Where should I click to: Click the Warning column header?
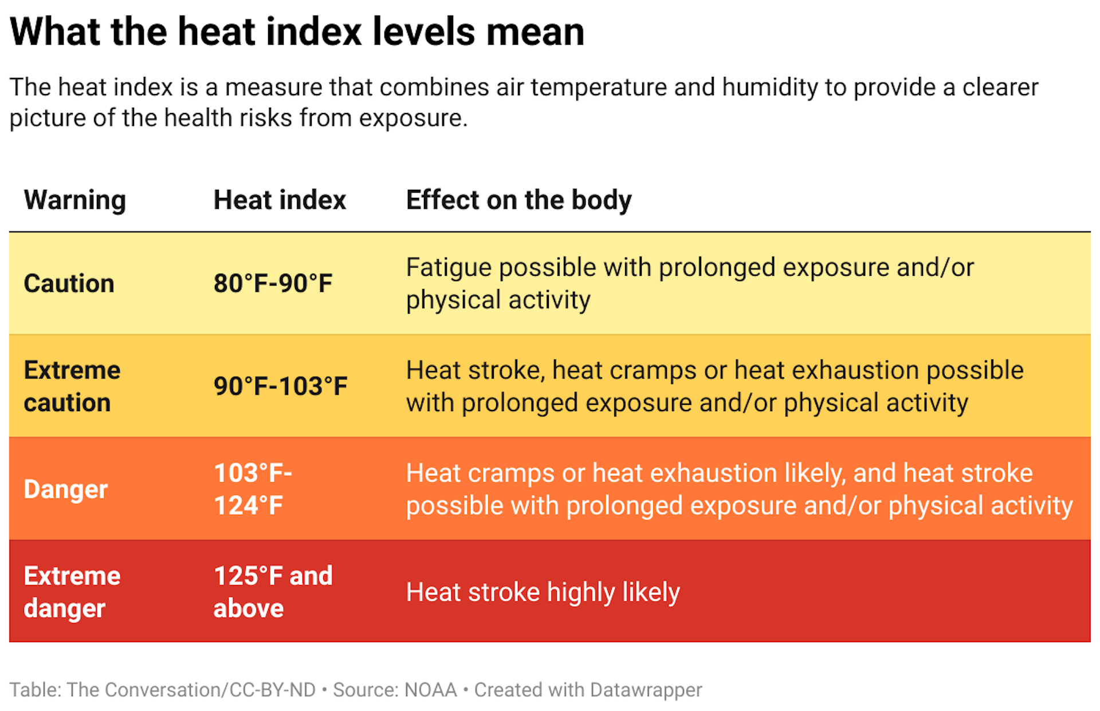tap(74, 200)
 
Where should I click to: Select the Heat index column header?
tap(280, 200)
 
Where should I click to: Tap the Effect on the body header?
tap(518, 200)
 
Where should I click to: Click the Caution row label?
tap(69, 283)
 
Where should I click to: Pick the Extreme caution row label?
tap(72, 386)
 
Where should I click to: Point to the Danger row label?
tap(65, 489)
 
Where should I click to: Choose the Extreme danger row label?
tap(72, 592)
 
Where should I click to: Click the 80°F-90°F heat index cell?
tap(273, 283)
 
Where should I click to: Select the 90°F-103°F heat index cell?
tap(280, 386)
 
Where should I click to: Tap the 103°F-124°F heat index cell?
tap(252, 489)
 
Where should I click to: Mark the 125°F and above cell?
tap(273, 592)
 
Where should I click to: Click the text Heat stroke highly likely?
tap(543, 592)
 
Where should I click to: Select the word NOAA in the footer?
tap(430, 690)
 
